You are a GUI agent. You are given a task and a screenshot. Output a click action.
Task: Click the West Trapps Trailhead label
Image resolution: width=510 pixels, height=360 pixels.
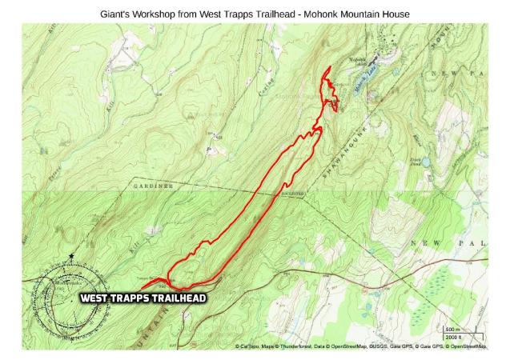point(143,298)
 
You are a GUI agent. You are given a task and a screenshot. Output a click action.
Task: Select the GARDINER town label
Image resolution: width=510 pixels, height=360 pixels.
point(153,186)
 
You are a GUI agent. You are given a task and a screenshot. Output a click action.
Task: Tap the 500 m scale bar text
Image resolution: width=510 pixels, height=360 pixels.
point(452,329)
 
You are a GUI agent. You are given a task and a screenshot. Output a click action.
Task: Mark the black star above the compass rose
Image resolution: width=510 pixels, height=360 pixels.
point(71,257)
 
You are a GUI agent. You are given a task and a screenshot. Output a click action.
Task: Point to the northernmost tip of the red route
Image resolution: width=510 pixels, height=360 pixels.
point(328,68)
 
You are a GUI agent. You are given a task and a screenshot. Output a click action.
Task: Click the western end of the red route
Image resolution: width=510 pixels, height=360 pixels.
point(141,288)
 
